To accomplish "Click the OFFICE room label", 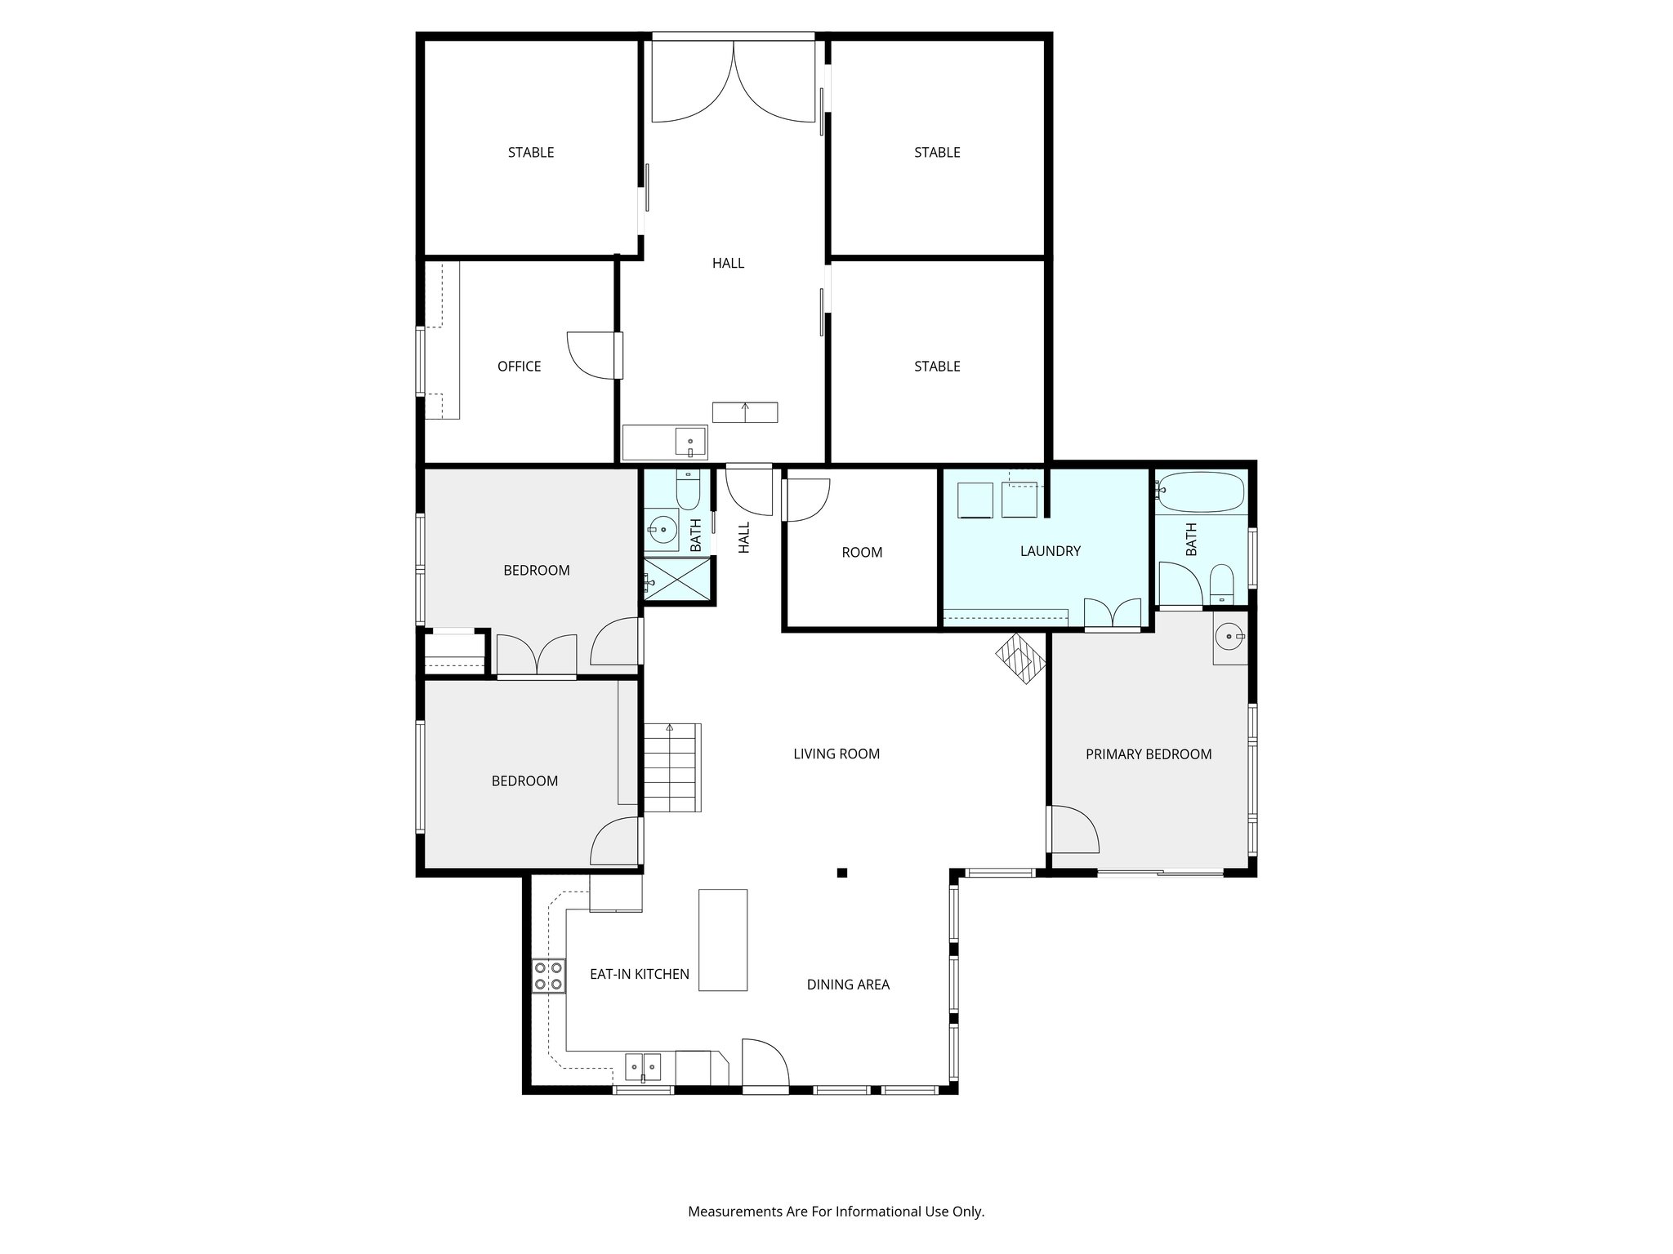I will click(519, 367).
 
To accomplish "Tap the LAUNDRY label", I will click(1050, 551).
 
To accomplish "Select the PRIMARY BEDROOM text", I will click(1148, 754).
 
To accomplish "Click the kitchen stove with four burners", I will click(548, 975).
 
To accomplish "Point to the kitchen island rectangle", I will click(723, 940).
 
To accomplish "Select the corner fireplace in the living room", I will click(1020, 658).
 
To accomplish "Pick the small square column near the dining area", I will click(842, 873).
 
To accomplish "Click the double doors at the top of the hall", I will click(734, 82).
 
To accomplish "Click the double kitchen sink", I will click(643, 1066).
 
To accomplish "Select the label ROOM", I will click(862, 553).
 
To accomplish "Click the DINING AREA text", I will click(848, 985).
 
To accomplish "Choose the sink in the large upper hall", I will click(690, 443).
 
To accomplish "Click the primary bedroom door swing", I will click(1073, 829).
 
